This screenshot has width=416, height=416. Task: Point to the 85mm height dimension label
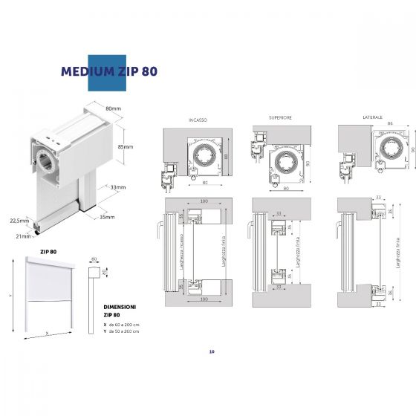pyautogui.click(x=126, y=147)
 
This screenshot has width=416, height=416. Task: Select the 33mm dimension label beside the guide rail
pyautogui.click(x=117, y=187)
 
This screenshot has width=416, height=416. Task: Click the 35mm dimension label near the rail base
pyautogui.click(x=108, y=217)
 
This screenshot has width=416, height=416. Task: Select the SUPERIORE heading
pyautogui.click(x=280, y=117)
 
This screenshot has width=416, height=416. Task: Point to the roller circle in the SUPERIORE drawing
pyautogui.click(x=285, y=162)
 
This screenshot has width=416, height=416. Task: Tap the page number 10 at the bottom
pyautogui.click(x=212, y=351)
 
